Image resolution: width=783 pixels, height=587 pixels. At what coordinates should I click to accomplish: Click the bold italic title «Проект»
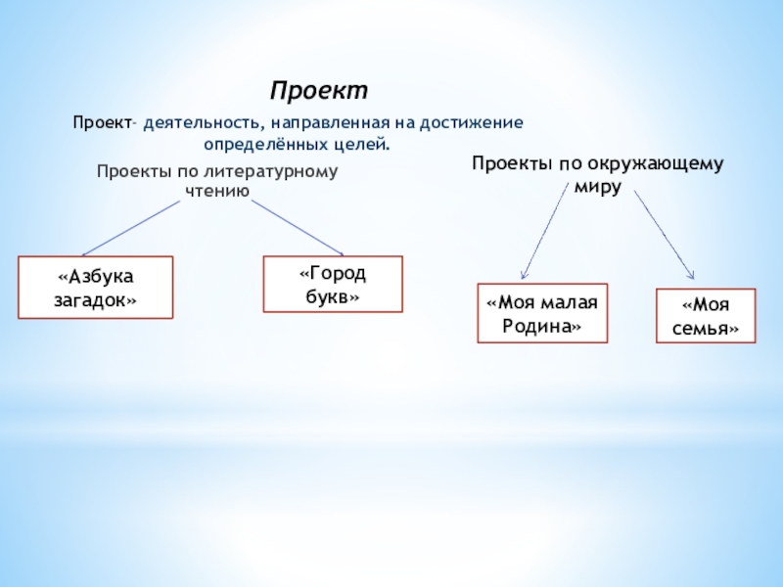319,91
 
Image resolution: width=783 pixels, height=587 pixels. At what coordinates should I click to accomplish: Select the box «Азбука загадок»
96,288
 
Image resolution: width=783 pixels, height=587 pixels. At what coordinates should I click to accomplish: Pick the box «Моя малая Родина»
542,314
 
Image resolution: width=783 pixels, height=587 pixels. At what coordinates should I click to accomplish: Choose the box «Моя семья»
706,316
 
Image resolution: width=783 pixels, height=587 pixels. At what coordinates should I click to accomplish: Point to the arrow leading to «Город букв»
297,227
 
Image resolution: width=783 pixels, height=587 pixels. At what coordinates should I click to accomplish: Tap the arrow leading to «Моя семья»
665,234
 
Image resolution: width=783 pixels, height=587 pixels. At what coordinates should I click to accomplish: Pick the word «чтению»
217,190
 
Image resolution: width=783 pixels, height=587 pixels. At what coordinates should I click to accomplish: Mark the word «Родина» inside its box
542,326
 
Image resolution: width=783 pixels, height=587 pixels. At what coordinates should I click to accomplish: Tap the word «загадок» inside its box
96,299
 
